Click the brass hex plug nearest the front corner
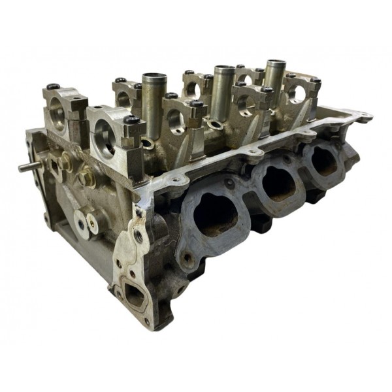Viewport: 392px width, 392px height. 86,176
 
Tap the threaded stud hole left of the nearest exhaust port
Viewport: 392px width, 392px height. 188,258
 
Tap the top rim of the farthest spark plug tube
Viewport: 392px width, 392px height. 274,63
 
